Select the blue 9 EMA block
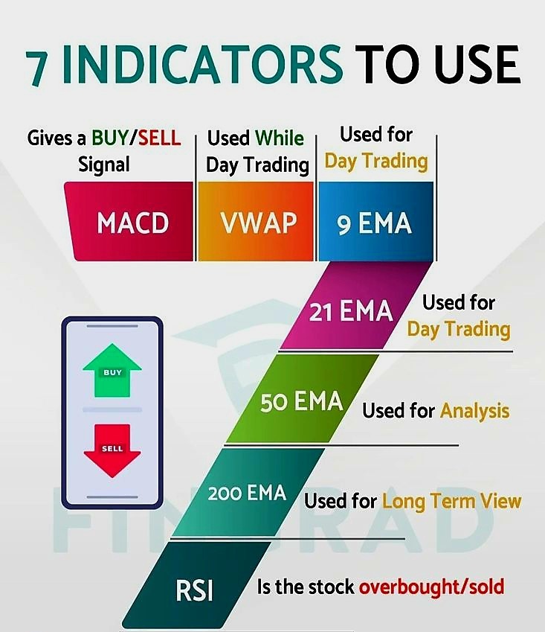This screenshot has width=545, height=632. (375, 222)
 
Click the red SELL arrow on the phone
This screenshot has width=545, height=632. (112, 450)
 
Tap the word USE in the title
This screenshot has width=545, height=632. (477, 66)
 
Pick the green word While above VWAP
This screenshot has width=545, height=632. (279, 138)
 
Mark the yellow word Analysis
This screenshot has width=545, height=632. (474, 410)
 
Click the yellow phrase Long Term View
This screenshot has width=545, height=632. (451, 500)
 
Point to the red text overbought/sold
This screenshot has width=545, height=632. (431, 587)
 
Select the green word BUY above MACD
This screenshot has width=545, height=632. (109, 138)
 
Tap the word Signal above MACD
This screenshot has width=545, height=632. (103, 164)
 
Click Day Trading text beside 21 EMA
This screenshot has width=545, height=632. (458, 328)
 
